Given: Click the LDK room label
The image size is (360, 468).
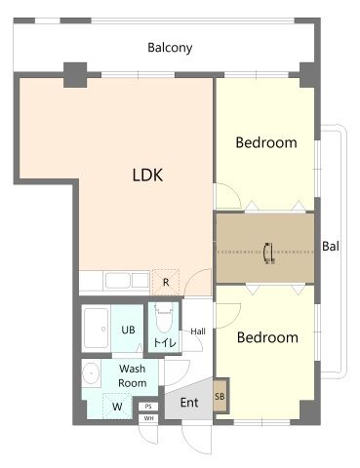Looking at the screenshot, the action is pyautogui.click(x=147, y=175).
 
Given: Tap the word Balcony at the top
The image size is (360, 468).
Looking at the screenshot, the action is pyautogui.click(x=170, y=48).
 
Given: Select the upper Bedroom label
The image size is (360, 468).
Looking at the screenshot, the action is pyautogui.click(x=266, y=142).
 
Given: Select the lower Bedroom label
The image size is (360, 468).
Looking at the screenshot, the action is pyautogui.click(x=267, y=337).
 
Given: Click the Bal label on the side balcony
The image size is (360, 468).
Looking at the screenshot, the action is pyautogui.click(x=331, y=246).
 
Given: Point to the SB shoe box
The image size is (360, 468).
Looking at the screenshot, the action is pyautogui.click(x=220, y=396).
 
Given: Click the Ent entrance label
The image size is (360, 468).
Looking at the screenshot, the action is pyautogui.click(x=189, y=403).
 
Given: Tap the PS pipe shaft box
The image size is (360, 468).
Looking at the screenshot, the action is pyautogui.click(x=148, y=407).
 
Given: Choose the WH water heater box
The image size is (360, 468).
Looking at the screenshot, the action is pyautogui.click(x=148, y=418).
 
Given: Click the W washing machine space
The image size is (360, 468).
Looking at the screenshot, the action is pyautogui.click(x=117, y=406).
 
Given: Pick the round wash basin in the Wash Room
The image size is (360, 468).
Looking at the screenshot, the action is pyautogui.click(x=91, y=372).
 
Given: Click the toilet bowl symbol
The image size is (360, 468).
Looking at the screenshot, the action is pyautogui.click(x=164, y=319).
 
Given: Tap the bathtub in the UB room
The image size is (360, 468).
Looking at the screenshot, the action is pyautogui.click(x=97, y=329).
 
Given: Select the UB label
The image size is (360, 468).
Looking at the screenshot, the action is pyautogui.click(x=128, y=330).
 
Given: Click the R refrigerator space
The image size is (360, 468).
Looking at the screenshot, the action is pyautogui.click(x=166, y=282).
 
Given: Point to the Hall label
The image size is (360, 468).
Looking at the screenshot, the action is pyautogui.click(x=198, y=331).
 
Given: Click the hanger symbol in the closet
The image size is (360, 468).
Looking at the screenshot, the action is pyautogui.click(x=269, y=253).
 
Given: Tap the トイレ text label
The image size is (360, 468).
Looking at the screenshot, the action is pyautogui.click(x=165, y=342).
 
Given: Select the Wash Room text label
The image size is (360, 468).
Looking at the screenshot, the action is pyautogui.click(x=133, y=375).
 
